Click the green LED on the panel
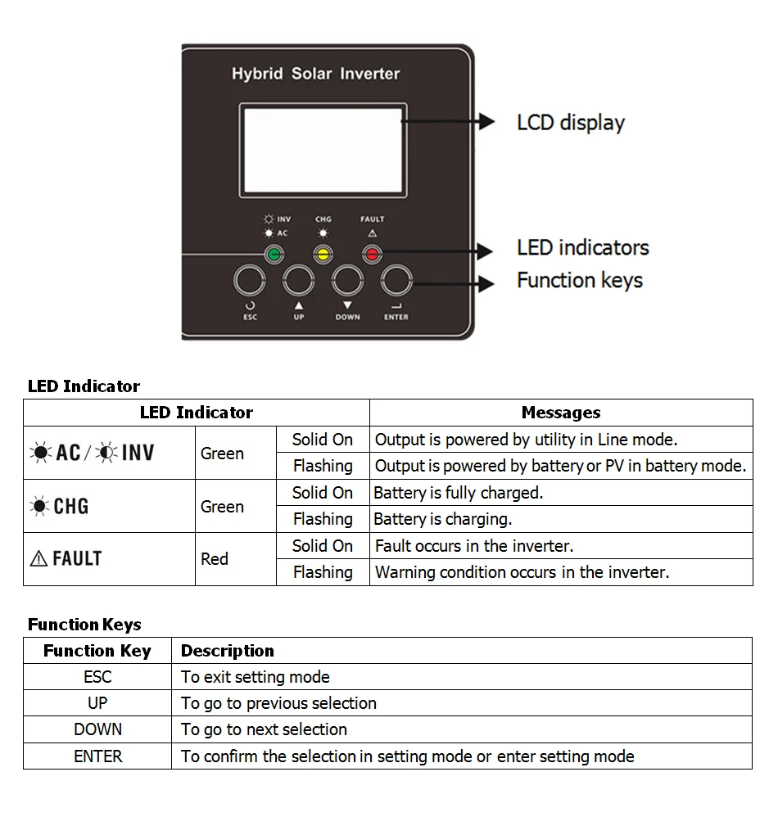274,254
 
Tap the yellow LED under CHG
323,254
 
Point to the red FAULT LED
372,254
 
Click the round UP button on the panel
298,281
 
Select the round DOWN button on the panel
347,281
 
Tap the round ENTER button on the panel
396,281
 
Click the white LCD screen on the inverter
323,150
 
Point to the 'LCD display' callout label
571,123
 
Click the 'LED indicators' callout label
582,247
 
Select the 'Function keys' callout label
580,280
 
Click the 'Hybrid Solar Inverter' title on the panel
315,74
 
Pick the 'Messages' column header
561,413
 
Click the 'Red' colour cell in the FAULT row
215,559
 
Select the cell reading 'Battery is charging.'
442,519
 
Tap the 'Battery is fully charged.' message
459,493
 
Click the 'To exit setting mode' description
256,677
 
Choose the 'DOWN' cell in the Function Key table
97,729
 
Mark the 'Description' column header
228,651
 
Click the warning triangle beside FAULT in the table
38,559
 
